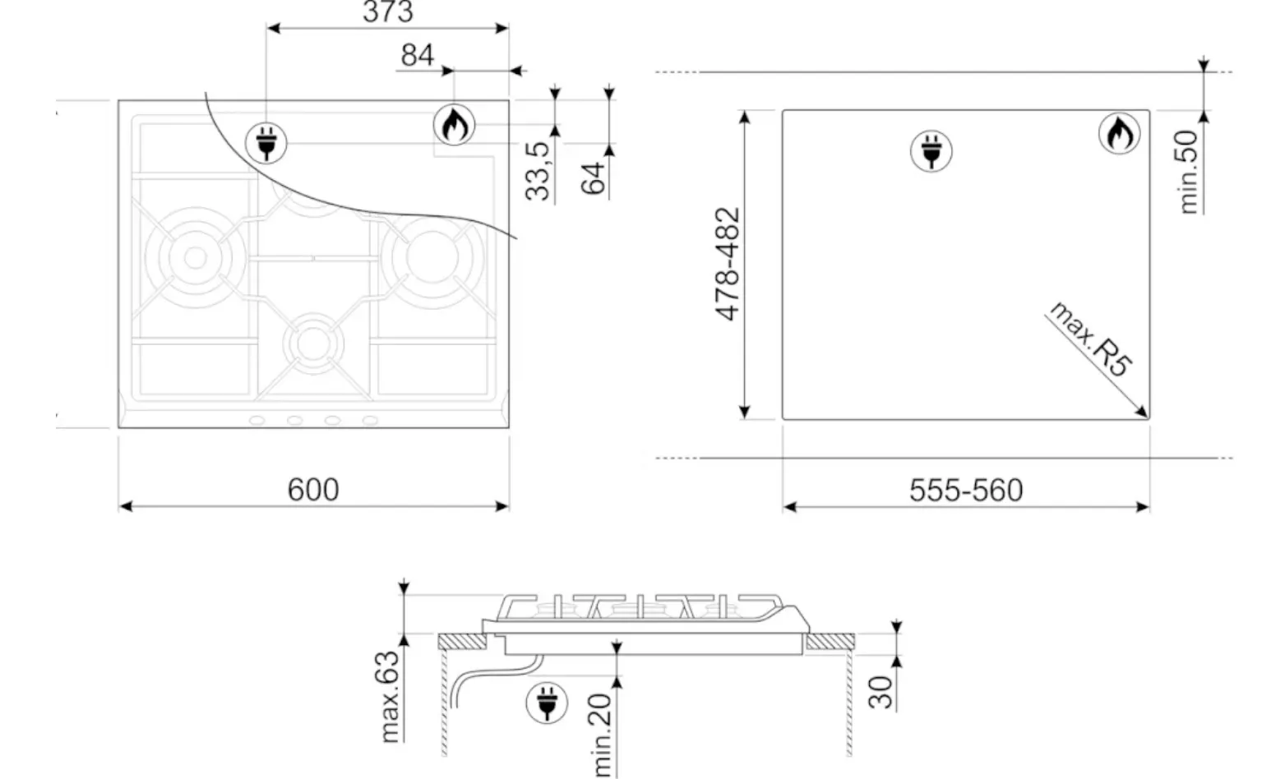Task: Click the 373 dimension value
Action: [388, 12]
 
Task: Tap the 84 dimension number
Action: [417, 56]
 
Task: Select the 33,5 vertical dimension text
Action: [538, 171]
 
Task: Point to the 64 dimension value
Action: [594, 178]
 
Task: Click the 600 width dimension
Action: [313, 490]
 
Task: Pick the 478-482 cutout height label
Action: [728, 265]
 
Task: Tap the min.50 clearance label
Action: [1188, 172]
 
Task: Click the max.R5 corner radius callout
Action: [1091, 339]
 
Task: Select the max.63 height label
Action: [391, 696]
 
